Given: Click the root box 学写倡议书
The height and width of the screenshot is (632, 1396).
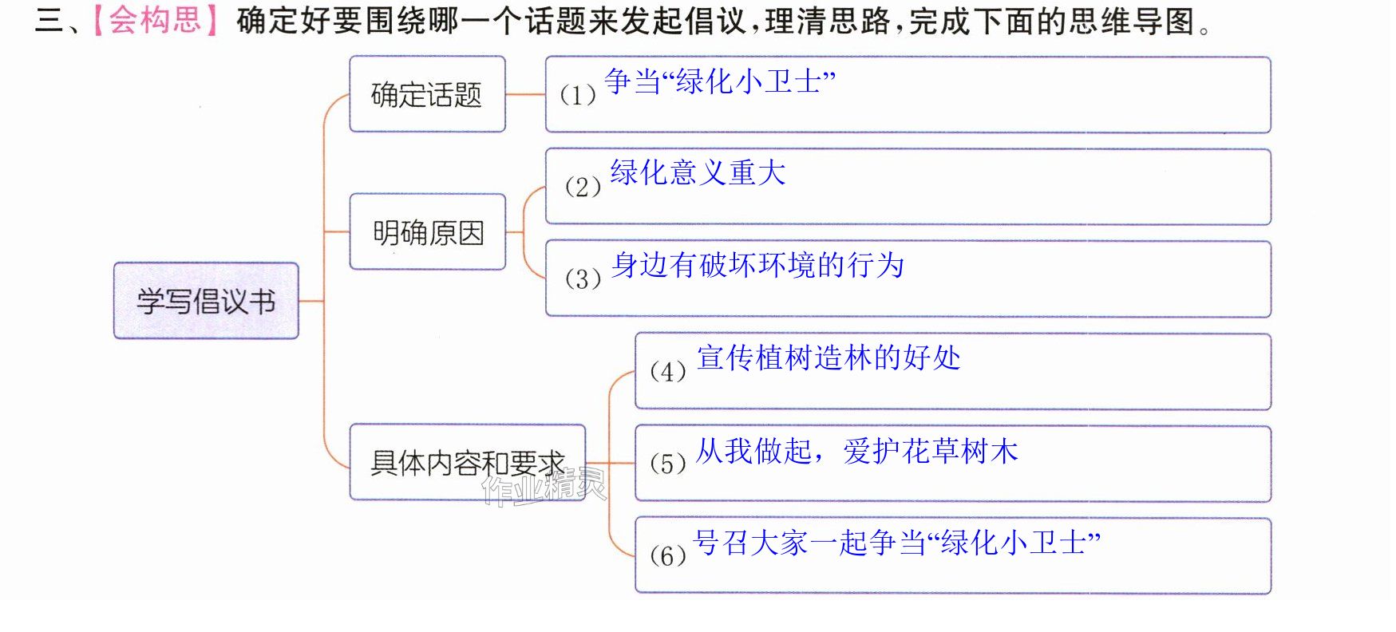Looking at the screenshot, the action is [x=206, y=301].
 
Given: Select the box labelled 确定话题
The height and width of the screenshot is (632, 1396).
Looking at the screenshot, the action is [x=428, y=94].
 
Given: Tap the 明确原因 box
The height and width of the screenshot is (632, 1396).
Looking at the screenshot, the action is [x=428, y=232].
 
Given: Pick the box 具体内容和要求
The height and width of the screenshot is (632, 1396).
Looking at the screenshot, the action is [x=468, y=463].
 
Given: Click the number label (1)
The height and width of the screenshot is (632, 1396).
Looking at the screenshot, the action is [x=578, y=95].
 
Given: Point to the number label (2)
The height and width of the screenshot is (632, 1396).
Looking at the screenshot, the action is [x=583, y=187].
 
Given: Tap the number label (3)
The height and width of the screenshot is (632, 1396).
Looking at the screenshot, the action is [x=583, y=278].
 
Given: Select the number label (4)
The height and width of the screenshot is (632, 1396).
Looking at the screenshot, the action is [x=668, y=371].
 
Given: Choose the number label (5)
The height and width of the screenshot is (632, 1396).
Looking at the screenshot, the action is [x=668, y=463].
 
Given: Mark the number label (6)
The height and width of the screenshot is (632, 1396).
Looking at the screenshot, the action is [x=668, y=555].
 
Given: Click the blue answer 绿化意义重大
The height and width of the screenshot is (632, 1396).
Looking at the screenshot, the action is [x=698, y=172].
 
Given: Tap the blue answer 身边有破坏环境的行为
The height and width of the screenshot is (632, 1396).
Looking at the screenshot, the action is [x=757, y=265].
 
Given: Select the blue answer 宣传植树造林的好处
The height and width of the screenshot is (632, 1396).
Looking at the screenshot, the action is [x=829, y=357].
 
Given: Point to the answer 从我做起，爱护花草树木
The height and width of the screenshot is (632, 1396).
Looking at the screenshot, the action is [x=857, y=451].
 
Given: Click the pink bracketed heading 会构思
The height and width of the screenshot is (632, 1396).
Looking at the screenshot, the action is [x=156, y=20].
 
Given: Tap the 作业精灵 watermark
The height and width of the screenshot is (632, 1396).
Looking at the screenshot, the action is [x=544, y=485].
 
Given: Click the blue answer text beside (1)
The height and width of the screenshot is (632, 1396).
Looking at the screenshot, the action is [x=720, y=81].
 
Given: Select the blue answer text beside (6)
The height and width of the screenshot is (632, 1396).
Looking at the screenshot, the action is [x=898, y=543].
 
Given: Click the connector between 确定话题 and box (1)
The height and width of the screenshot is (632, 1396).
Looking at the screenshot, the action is [x=526, y=94].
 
